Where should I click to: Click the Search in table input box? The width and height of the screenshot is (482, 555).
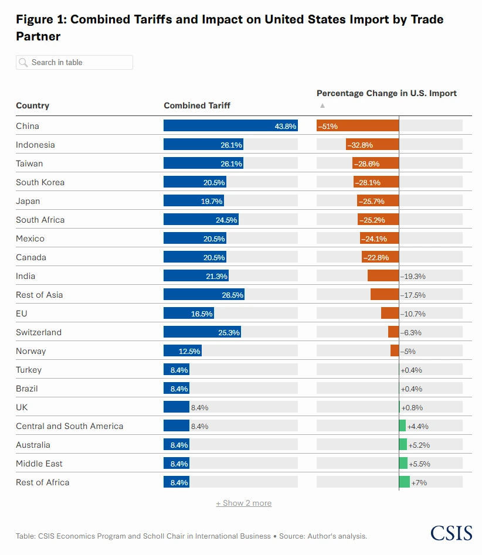pos(74,63)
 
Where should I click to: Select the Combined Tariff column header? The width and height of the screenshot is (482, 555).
pos(197,105)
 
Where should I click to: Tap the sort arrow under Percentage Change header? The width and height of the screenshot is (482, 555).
pos(322,106)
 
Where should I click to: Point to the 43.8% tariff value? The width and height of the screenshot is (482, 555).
pos(286,126)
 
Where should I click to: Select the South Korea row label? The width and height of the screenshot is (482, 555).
pos(40,182)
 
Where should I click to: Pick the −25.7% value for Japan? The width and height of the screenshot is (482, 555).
pos(374,201)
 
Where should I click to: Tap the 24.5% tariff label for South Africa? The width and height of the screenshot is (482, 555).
pos(226,220)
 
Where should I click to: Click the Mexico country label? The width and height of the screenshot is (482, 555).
pos(30,239)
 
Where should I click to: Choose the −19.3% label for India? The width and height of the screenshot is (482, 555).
pos(413,276)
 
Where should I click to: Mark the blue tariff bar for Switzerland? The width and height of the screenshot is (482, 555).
pos(202,332)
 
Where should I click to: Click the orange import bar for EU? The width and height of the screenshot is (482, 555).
pos(390,314)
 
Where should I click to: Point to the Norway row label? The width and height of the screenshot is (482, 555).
pos(30,351)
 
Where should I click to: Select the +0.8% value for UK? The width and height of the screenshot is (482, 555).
pos(412,407)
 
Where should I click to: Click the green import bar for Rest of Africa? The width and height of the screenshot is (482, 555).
pos(404,482)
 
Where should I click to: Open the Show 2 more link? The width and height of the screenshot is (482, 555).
pos(243,503)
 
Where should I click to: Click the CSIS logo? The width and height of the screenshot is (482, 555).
pos(451,533)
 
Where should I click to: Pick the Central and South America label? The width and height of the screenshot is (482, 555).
pos(69,426)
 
